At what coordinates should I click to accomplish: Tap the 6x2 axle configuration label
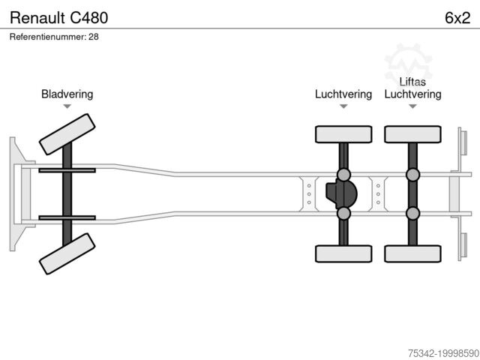457,16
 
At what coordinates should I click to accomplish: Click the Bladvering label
67,94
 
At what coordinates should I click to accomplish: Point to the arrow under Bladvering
67,106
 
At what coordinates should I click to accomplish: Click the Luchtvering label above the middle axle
343,94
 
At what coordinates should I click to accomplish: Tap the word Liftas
412,82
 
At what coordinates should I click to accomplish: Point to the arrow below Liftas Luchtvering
412,106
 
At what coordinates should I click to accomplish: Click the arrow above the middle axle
343,106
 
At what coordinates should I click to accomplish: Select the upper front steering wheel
67,133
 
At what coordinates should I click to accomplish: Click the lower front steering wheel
67,253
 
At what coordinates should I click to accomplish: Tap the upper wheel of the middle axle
343,134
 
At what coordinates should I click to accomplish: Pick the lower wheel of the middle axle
343,253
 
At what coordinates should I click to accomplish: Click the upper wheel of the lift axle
412,134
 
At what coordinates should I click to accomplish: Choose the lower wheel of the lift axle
412,253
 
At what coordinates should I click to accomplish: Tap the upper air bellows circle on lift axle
412,175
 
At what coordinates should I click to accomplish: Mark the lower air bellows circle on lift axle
412,213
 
